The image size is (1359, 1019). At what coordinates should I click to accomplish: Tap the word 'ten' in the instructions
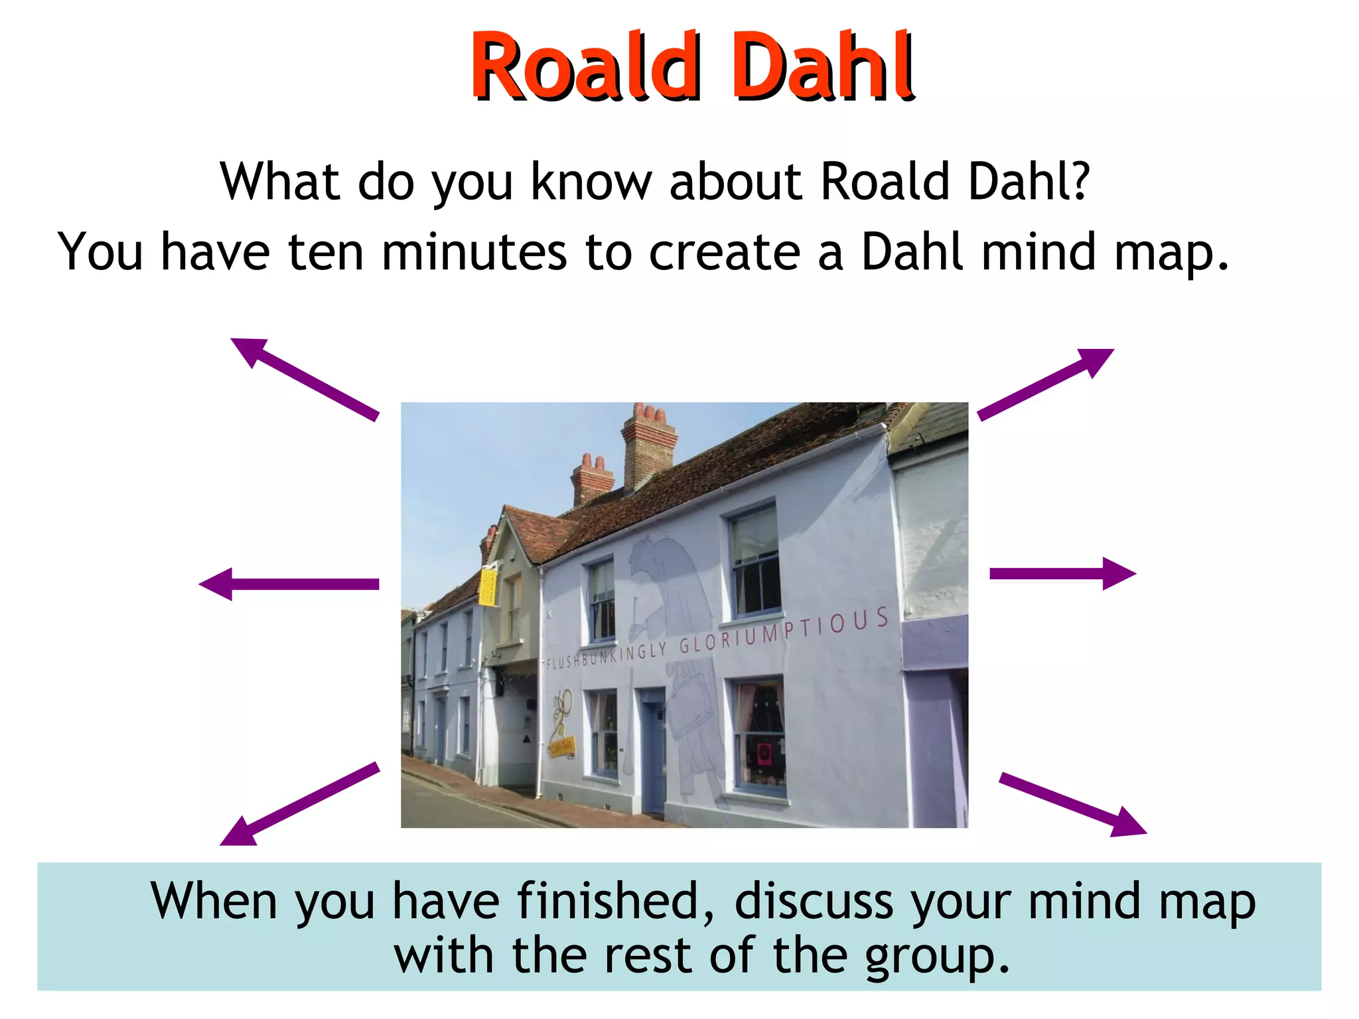pyautogui.click(x=326, y=252)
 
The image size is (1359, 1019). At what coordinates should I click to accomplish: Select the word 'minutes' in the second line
pyautogui.click(x=474, y=252)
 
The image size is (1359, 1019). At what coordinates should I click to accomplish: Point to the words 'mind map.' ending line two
pyautogui.click(x=1104, y=253)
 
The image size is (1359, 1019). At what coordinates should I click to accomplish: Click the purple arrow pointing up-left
pyautogui.click(x=305, y=379)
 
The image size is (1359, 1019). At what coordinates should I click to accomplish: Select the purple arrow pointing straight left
pyautogui.click(x=289, y=584)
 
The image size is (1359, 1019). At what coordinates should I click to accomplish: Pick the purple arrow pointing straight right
pyautogui.click(x=1062, y=574)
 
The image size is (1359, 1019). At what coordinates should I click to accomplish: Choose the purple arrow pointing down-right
pyautogui.click(x=1072, y=804)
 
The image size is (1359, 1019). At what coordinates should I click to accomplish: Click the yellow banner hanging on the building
pyautogui.click(x=488, y=586)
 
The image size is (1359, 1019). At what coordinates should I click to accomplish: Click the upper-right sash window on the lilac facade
pyautogui.click(x=755, y=560)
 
